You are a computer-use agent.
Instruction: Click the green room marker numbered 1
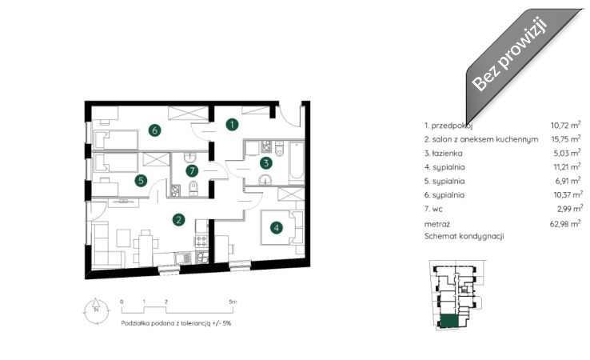pyautogui.click(x=232, y=124)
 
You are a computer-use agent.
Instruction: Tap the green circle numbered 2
pyautogui.click(x=178, y=219)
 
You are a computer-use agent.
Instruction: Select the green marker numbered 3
pyautogui.click(x=266, y=163)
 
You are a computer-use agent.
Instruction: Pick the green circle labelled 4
pyautogui.click(x=277, y=227)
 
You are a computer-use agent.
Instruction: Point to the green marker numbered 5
pyautogui.click(x=141, y=180)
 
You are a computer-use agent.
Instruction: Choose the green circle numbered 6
pyautogui.click(x=154, y=130)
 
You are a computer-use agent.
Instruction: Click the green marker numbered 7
pyautogui.click(x=192, y=170)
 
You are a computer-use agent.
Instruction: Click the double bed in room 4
pyautogui.click(x=277, y=227)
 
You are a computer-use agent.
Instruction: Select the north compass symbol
pyautogui.click(x=96, y=310)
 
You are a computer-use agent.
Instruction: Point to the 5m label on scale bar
pyautogui.click(x=233, y=302)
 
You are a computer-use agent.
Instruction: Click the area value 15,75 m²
pyautogui.click(x=565, y=138)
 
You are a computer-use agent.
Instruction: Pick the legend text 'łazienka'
pyautogui.click(x=448, y=154)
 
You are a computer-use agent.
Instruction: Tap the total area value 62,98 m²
pyautogui.click(x=565, y=224)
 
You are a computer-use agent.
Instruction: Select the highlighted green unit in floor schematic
pyautogui.click(x=449, y=321)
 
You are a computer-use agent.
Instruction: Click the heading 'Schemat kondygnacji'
pyautogui.click(x=464, y=237)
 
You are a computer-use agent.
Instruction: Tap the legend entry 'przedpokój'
pyautogui.click(x=452, y=126)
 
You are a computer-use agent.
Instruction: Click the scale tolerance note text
pyautogui.click(x=176, y=323)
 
